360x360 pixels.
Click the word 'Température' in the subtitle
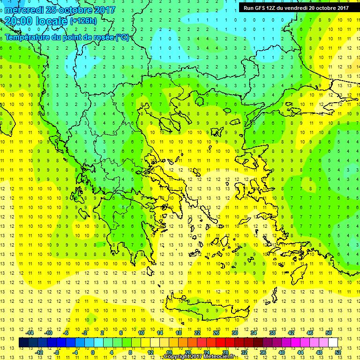tap(28, 37)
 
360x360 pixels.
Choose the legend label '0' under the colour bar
tap(93, 352)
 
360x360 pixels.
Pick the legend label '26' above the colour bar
tap(216, 332)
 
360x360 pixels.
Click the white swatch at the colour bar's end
tap(333, 342)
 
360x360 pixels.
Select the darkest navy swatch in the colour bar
tap(24, 342)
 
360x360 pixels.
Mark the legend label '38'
tap(272, 332)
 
